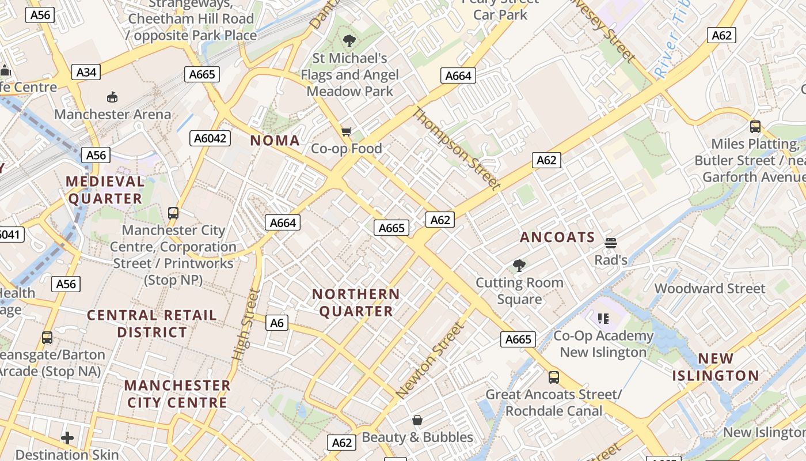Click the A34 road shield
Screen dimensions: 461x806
point(86,72)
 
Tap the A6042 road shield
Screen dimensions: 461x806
point(210,138)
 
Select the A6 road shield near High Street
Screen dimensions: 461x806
point(277,323)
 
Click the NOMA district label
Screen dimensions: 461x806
point(275,141)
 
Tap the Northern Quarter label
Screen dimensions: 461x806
point(356,303)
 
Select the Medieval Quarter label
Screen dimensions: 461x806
point(105,190)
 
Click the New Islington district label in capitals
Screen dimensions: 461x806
point(716,367)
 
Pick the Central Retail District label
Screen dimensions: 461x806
point(152,323)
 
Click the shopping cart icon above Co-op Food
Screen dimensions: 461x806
point(346,132)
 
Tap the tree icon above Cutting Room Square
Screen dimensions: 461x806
point(519,266)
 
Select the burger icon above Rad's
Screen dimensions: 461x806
point(611,243)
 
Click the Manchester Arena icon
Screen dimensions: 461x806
point(112,97)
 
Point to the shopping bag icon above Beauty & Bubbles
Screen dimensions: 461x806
point(417,420)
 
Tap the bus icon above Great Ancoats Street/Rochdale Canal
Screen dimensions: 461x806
point(553,377)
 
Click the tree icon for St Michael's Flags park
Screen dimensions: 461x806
point(349,41)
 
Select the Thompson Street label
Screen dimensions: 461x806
point(456,149)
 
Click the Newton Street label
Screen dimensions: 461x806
point(429,361)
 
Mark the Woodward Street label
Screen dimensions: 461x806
point(710,288)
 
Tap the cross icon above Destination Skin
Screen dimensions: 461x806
point(67,438)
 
